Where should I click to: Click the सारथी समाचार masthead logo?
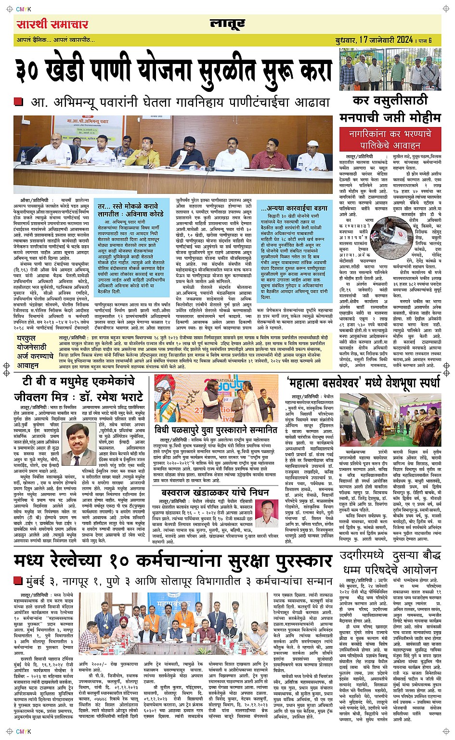coord(52,24)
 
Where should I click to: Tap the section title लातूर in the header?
coord(227,24)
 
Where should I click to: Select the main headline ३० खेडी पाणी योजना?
coord(173,71)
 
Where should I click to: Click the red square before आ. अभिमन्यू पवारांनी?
coord(18,102)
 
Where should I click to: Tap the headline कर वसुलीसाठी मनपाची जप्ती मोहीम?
coord(390,109)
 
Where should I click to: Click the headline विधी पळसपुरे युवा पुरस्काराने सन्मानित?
coord(216,429)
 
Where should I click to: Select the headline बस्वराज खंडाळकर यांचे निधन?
coord(215,492)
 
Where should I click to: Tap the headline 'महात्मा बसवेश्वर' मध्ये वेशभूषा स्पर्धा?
coord(363,383)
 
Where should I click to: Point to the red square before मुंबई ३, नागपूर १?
coord(18,580)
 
